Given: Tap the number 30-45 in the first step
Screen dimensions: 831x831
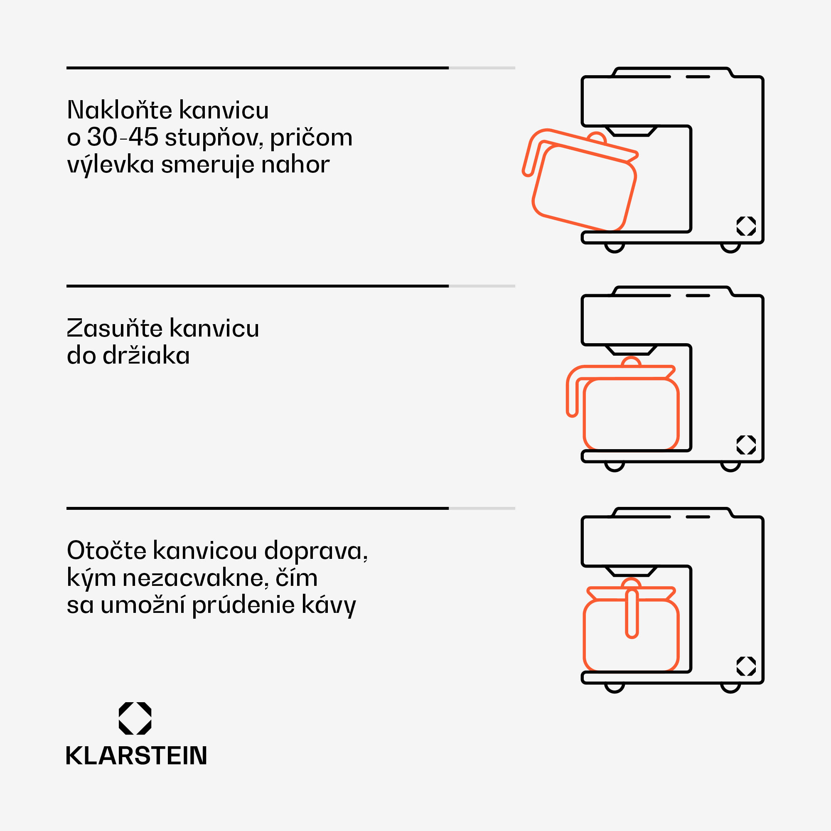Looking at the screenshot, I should (x=123, y=137).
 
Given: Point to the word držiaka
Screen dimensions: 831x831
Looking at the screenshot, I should (x=146, y=356).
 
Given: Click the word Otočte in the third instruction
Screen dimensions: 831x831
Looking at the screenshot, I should (x=107, y=551).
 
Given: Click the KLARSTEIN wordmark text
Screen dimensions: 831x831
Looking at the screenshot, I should (x=136, y=756).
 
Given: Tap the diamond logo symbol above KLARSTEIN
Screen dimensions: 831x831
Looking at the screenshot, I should (x=135, y=718).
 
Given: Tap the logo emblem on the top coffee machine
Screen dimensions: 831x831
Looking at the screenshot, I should (x=746, y=226).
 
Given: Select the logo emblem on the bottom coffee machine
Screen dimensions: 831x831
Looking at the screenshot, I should (x=746, y=666).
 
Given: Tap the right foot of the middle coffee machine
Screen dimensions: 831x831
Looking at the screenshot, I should (x=730, y=467).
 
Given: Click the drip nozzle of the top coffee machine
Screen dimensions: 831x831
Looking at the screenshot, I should (x=632, y=131).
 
